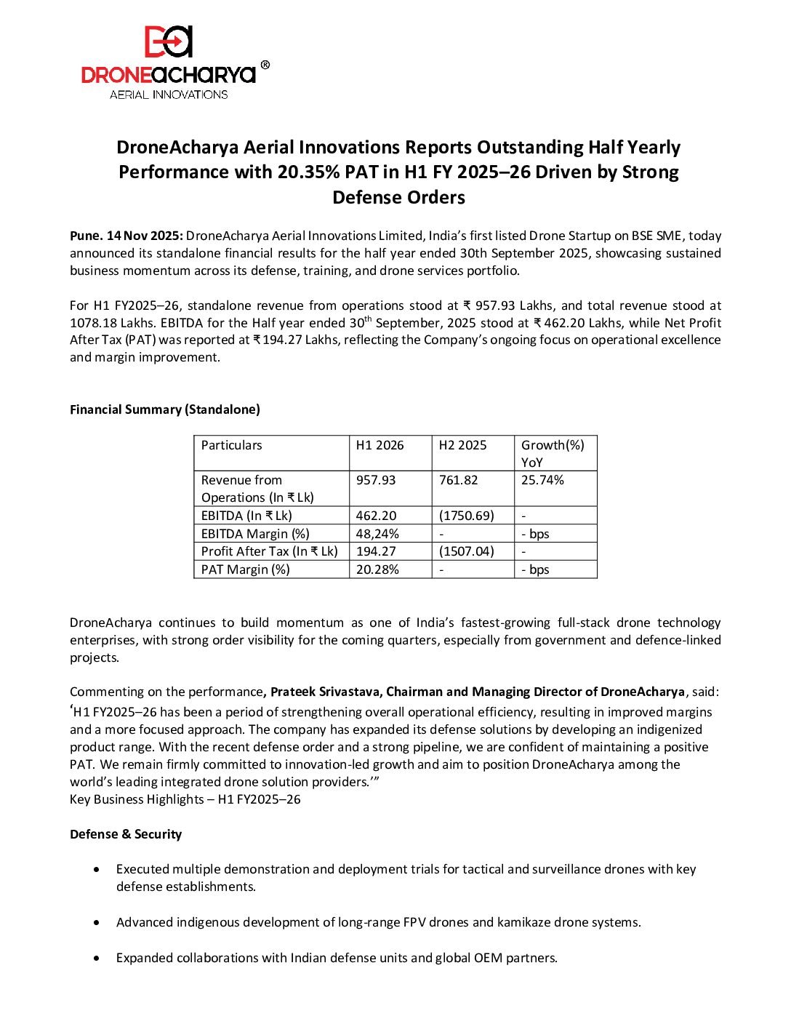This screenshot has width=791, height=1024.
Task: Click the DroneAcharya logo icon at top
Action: pyautogui.click(x=169, y=42)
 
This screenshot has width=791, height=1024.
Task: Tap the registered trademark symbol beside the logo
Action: pyautogui.click(x=265, y=65)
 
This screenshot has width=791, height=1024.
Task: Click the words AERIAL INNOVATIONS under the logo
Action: pyautogui.click(x=169, y=95)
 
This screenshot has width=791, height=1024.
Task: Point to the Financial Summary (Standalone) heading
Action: pyautogui.click(x=164, y=409)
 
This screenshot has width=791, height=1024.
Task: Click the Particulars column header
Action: pyautogui.click(x=231, y=445)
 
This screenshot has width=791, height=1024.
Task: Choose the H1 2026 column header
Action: pyautogui.click(x=380, y=445)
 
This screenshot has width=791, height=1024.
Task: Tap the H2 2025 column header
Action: pyautogui.click(x=462, y=445)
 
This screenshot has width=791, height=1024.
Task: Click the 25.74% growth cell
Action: pyautogui.click(x=542, y=480)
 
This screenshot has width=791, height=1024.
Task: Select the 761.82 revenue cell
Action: pyautogui.click(x=459, y=480)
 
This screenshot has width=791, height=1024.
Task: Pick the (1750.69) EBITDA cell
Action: pyautogui.click(x=466, y=516)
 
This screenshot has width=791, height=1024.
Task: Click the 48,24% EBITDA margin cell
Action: pyautogui.click(x=377, y=534)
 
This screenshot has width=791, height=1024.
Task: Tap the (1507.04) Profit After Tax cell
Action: pyautogui.click(x=466, y=551)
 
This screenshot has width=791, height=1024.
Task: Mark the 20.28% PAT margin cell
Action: pyautogui.click(x=377, y=569)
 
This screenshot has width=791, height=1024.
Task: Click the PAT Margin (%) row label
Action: pyautogui.click(x=245, y=569)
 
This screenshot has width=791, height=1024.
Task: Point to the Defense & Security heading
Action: pyautogui.click(x=126, y=834)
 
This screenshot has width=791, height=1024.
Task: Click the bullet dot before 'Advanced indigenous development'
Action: pyautogui.click(x=97, y=922)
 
